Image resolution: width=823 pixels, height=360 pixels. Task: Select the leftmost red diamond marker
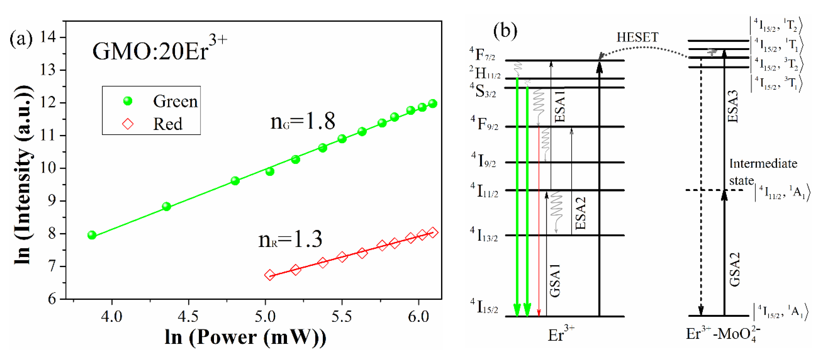[270, 275]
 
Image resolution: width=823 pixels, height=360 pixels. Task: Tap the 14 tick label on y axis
[48, 37]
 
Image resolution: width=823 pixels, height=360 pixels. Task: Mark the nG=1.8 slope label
[303, 121]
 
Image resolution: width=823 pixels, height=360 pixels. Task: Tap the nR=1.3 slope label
[290, 240]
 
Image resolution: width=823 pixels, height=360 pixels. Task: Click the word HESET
[637, 37]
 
